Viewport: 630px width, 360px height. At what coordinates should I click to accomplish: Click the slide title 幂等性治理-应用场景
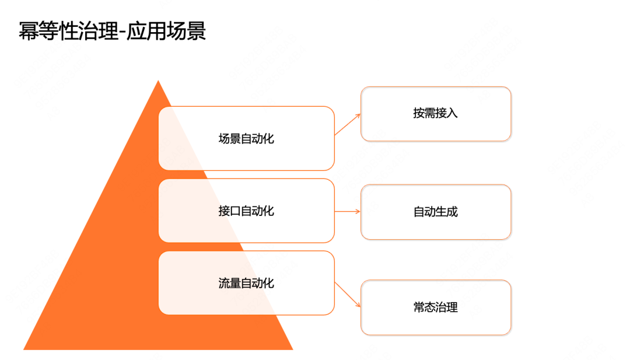pyautogui.click(x=112, y=31)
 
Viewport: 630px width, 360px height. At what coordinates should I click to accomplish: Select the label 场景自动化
pyautogui.click(x=246, y=139)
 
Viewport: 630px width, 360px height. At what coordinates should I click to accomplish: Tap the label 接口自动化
pyautogui.click(x=246, y=211)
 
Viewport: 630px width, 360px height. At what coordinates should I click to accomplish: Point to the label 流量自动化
pyautogui.click(x=246, y=284)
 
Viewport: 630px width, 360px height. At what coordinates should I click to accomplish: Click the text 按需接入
pyautogui.click(x=436, y=113)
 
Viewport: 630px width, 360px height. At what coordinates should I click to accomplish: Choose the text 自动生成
pyautogui.click(x=436, y=212)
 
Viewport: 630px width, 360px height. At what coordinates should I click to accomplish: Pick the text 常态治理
pyautogui.click(x=436, y=307)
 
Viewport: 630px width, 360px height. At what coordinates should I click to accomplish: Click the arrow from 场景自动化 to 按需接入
pyautogui.click(x=348, y=124)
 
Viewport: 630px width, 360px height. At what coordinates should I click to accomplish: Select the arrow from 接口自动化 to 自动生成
pyautogui.click(x=348, y=211)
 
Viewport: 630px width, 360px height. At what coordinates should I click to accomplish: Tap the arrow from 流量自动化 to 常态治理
pyautogui.click(x=348, y=295)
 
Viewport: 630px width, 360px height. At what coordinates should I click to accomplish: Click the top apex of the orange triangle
pyautogui.click(x=158, y=82)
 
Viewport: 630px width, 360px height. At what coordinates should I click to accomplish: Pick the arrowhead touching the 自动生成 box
pyautogui.click(x=358, y=211)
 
